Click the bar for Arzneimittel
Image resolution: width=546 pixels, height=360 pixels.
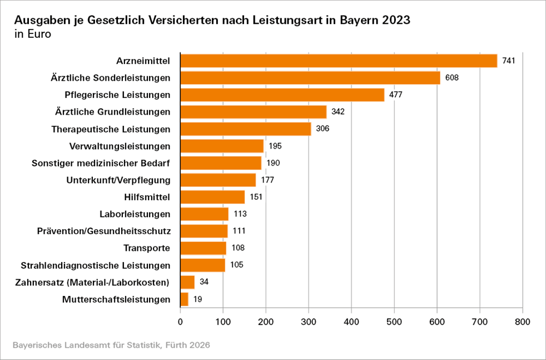[339, 61]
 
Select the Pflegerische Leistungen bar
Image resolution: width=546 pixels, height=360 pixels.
[282, 95]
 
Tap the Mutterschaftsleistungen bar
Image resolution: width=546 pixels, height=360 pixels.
[185, 299]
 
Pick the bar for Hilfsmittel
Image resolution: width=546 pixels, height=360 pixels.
[213, 197]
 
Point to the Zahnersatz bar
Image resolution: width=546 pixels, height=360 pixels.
[188, 282]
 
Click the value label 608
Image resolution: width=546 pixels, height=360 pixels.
[451, 77]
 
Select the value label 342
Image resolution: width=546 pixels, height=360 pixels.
[338, 112]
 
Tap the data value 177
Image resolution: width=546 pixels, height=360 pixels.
[267, 180]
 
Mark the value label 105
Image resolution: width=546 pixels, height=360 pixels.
[237, 265]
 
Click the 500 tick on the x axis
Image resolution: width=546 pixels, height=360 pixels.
[394, 322]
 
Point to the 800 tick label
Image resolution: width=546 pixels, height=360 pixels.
[523, 322]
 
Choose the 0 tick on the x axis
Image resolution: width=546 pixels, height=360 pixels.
[181, 322]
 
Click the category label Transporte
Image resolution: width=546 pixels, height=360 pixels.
[146, 248]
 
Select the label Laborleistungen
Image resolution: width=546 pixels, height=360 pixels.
[135, 214]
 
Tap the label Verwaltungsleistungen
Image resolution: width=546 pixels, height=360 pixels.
[120, 146]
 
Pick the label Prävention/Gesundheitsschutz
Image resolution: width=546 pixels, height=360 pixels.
[103, 231]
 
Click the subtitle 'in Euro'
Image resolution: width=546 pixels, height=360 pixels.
[33, 34]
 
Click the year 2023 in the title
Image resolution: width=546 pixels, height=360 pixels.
[393, 21]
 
